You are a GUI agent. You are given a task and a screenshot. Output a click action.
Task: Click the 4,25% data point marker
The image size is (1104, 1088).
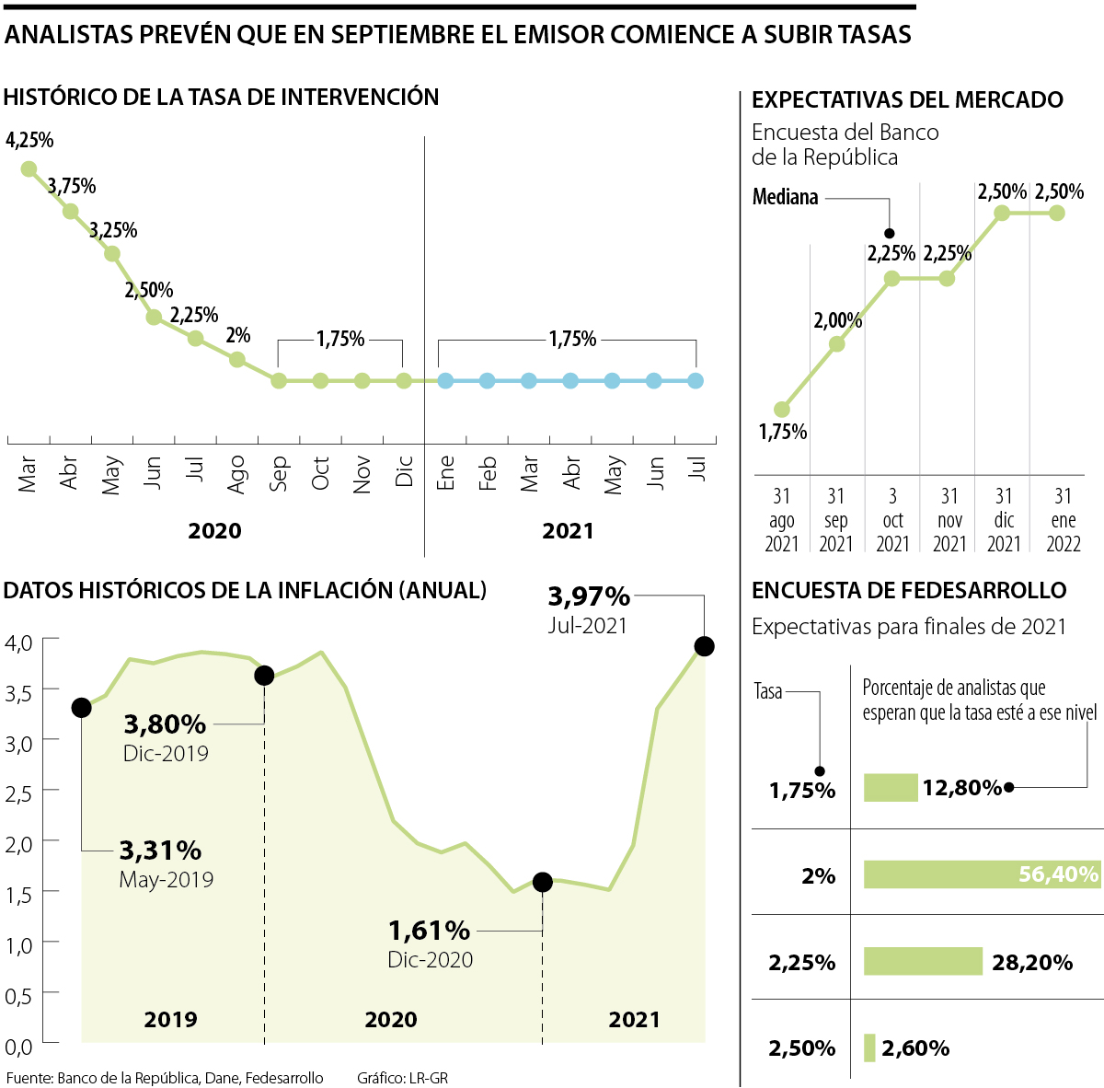pyautogui.click(x=29, y=168)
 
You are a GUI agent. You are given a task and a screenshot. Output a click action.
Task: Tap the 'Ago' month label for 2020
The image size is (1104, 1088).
pyautogui.click(x=236, y=474)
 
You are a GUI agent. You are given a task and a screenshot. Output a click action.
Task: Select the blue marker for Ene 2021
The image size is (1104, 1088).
pyautogui.click(x=445, y=380)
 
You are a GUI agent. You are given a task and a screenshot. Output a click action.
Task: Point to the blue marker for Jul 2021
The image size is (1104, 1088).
pyautogui.click(x=696, y=380)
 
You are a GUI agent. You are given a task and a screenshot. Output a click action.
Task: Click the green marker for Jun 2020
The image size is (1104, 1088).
pyautogui.click(x=154, y=317)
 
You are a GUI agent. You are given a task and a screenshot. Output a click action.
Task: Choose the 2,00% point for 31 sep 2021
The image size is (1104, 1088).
pyautogui.click(x=836, y=344)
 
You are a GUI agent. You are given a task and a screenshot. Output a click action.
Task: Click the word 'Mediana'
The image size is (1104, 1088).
pyautogui.click(x=785, y=197)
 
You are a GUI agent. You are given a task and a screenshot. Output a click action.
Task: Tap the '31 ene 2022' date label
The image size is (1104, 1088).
pyautogui.click(x=1063, y=520)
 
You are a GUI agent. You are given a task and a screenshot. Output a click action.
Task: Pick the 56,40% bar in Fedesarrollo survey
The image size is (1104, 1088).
pyautogui.click(x=982, y=874)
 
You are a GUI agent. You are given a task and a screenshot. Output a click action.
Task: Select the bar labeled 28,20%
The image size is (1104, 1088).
pyautogui.click(x=923, y=961)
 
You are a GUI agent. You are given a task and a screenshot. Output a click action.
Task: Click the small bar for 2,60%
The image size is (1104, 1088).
pyautogui.click(x=869, y=1047)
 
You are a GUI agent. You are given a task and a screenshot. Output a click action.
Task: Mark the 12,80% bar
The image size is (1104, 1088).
pyautogui.click(x=891, y=788)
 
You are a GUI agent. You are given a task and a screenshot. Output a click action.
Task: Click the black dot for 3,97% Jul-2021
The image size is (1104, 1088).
pyautogui.click(x=705, y=646)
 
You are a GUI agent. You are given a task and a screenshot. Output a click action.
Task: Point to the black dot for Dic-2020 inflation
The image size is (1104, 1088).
pyautogui.click(x=542, y=882)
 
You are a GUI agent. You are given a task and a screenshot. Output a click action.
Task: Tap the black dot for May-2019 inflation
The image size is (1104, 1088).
pyautogui.click(x=81, y=707)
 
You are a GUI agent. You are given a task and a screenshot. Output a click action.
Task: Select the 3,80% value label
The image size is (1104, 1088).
pyautogui.click(x=165, y=724)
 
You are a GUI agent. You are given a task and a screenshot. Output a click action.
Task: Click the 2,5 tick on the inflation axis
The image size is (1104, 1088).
pyautogui.click(x=17, y=793)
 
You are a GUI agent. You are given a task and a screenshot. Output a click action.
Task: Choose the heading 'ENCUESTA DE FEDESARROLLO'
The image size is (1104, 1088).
pyautogui.click(x=909, y=591)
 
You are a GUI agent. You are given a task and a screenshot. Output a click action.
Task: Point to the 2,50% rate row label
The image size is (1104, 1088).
pyautogui.click(x=802, y=1048)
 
